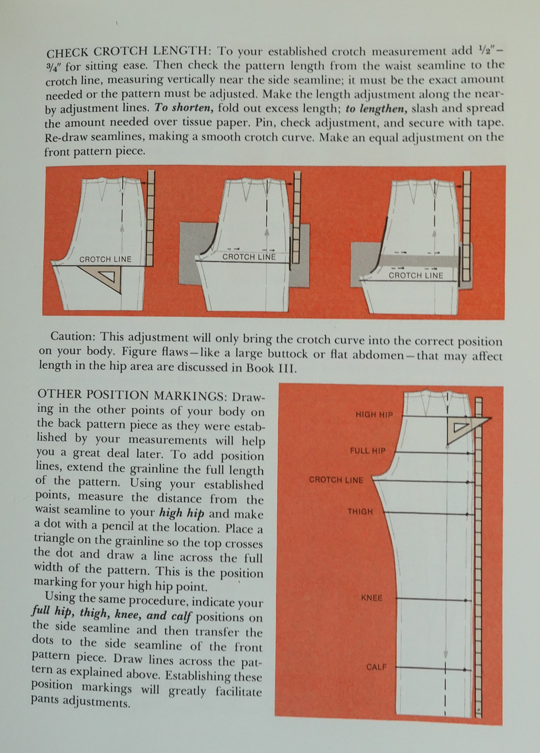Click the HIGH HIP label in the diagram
coord(374,415)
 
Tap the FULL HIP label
coord(368,451)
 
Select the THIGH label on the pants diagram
coord(360,512)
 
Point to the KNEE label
coord(372,598)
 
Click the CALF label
coord(376,657)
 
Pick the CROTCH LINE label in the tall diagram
coord(336,480)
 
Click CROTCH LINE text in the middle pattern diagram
coord(249,257)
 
